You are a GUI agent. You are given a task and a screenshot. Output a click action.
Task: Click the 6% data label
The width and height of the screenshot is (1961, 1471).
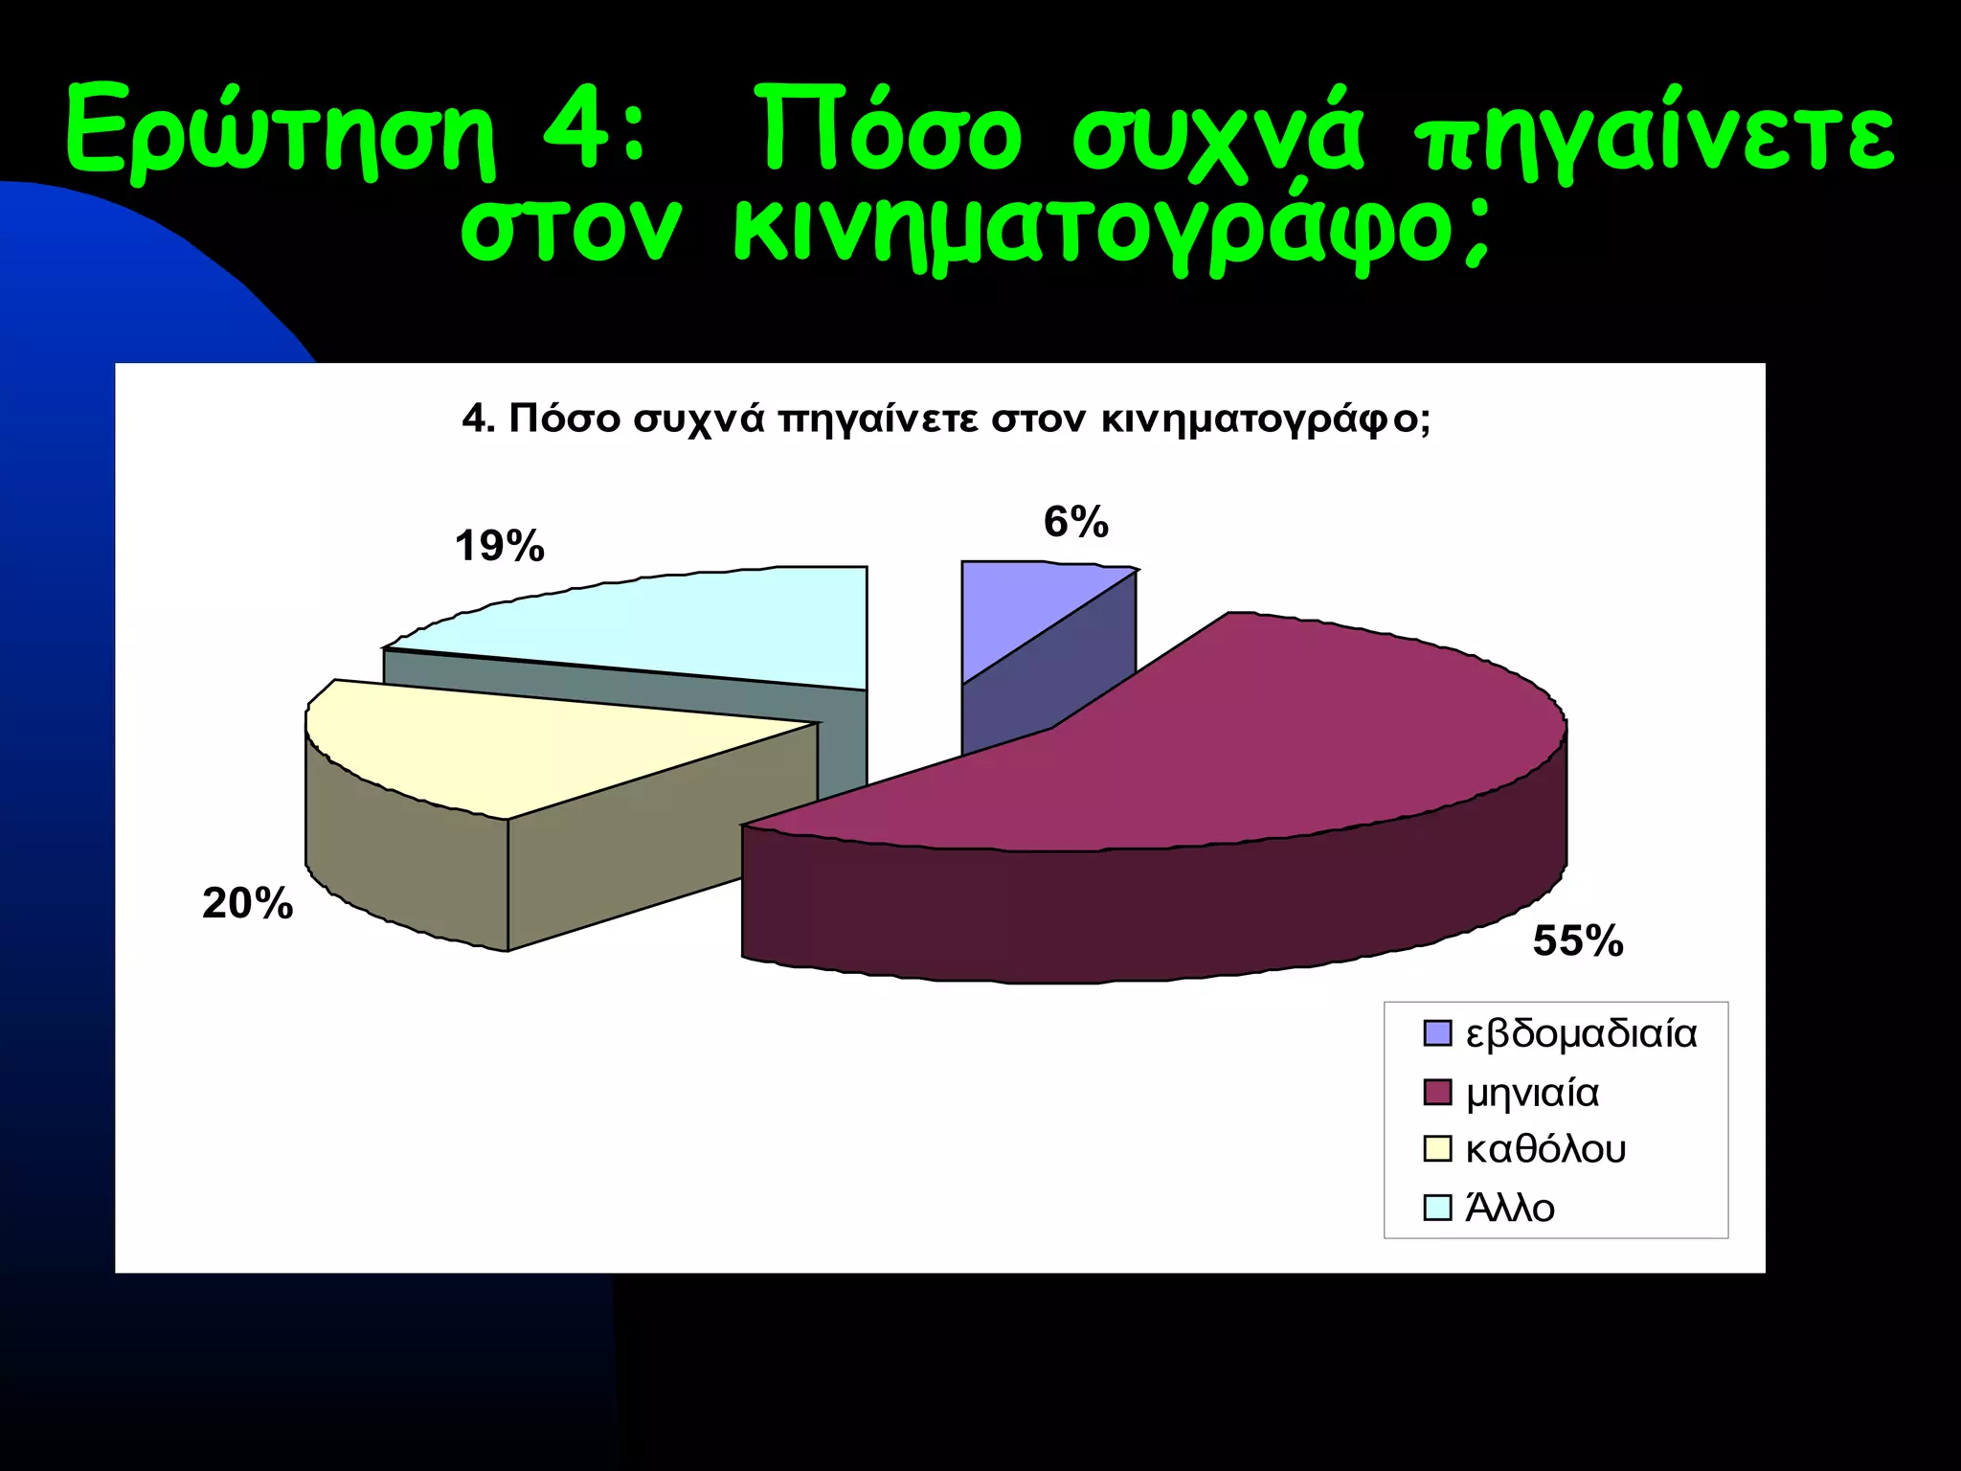1075,523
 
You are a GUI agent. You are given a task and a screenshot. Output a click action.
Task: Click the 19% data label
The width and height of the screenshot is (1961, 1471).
499,547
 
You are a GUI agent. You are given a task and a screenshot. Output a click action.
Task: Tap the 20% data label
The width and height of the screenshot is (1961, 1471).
247,904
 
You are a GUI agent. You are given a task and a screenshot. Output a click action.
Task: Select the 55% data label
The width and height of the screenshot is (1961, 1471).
1577,941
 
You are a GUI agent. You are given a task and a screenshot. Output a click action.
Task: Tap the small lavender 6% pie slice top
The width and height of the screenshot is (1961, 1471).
1015,603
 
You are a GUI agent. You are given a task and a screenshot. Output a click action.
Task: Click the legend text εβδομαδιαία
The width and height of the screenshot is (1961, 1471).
1581,1034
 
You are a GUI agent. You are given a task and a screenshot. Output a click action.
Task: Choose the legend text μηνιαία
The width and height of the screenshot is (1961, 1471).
1532,1093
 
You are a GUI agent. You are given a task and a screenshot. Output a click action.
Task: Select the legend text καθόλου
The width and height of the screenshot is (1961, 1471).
1545,1149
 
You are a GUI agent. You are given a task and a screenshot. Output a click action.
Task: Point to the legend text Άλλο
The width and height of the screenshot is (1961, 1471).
1510,1209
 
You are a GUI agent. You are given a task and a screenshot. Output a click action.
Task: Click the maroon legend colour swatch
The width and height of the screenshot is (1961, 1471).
1436,1092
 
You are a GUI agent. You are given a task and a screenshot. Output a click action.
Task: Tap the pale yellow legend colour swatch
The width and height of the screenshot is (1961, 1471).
1436,1149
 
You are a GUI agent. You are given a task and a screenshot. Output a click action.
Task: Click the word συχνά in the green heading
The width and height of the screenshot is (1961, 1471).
1216,134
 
